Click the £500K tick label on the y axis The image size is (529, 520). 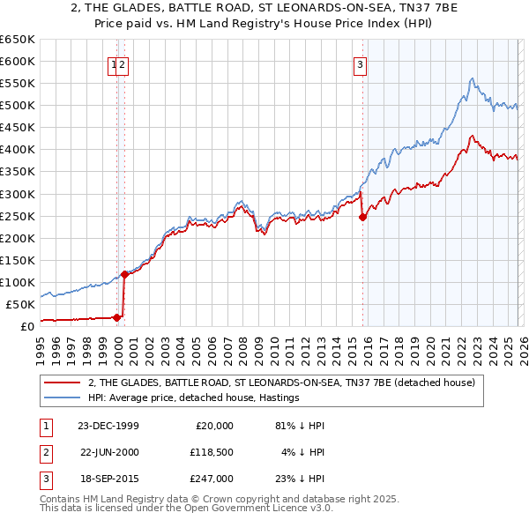tap(18, 106)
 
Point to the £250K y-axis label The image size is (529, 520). tap(18, 216)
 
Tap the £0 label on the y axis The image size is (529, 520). tap(26, 326)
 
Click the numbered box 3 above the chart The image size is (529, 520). tap(361, 63)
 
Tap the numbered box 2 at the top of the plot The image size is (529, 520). tap(123, 63)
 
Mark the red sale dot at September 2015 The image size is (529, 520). tap(362, 218)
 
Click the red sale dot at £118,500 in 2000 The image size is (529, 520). tap(124, 274)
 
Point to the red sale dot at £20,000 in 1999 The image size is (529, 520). tap(117, 317)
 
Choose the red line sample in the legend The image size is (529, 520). tap(61, 383)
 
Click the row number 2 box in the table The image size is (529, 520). tap(45, 452)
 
